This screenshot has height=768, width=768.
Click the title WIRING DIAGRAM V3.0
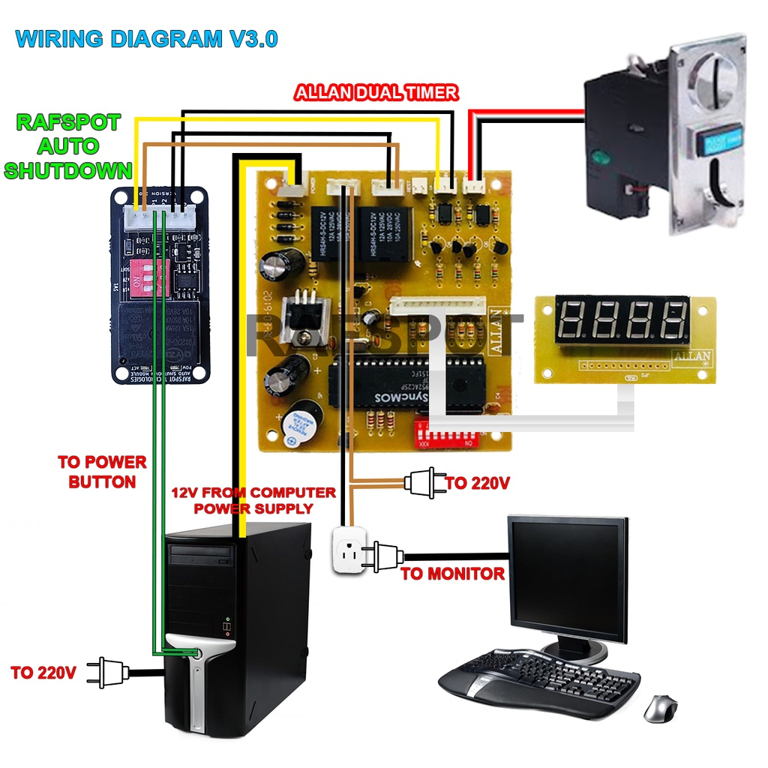point(146,38)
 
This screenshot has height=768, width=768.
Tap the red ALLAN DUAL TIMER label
point(376,93)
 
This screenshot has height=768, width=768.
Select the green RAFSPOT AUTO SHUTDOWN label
point(68,146)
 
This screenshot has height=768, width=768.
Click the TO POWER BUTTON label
point(102,471)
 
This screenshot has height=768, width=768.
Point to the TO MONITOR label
point(452,574)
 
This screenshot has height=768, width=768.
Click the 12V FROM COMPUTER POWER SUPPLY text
point(253,500)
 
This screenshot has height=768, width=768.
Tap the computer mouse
point(659,707)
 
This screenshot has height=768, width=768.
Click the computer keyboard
point(538,679)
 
